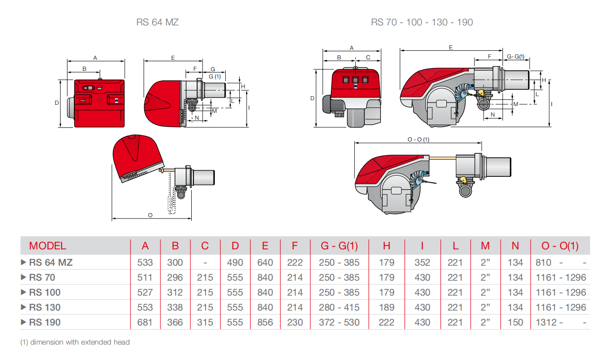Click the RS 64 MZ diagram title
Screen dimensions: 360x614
click(x=157, y=22)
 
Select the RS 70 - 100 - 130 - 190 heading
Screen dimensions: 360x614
click(x=422, y=22)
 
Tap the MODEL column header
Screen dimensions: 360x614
click(x=48, y=246)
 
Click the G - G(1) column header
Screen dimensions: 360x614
click(x=339, y=246)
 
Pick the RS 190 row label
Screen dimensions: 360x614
click(x=44, y=322)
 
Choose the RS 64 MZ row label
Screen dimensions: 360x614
click(x=50, y=262)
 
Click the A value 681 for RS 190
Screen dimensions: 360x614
click(x=145, y=322)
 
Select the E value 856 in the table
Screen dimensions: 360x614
click(x=265, y=322)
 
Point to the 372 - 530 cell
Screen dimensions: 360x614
click(x=339, y=322)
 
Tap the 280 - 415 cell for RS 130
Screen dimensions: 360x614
click(x=339, y=307)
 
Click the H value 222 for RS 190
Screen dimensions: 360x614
click(x=387, y=322)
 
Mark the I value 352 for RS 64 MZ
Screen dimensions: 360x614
click(x=422, y=262)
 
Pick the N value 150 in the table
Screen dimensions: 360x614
click(x=515, y=322)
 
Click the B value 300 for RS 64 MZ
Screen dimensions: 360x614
click(x=175, y=262)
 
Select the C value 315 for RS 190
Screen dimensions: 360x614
click(x=205, y=322)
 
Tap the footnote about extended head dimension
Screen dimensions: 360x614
click(x=75, y=342)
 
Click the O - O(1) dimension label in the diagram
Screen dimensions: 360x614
click(x=418, y=139)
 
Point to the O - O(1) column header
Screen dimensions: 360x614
click(x=560, y=246)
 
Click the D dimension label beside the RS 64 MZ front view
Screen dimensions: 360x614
click(x=57, y=103)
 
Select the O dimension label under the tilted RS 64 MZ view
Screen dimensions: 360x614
click(x=150, y=215)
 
